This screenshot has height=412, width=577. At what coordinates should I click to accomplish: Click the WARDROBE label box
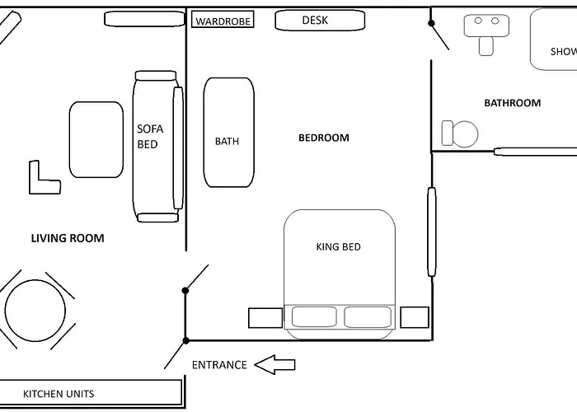[x=223, y=20]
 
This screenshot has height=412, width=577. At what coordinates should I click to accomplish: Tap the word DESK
[x=315, y=20]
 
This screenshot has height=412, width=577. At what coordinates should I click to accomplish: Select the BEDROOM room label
[x=323, y=138]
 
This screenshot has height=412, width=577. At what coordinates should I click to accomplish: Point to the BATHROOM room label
[x=512, y=103]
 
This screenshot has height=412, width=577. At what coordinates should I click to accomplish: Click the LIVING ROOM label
[x=68, y=238]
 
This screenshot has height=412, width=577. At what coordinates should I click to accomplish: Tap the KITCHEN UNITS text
[x=58, y=393]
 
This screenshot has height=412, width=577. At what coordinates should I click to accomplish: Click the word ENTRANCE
[x=219, y=365]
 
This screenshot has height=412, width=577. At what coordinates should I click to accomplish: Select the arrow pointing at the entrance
[x=274, y=364]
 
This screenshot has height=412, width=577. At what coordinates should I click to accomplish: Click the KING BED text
[x=338, y=246]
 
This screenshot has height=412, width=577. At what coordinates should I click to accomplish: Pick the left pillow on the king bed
[x=313, y=316]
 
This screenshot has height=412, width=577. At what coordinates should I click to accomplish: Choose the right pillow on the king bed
[x=366, y=316]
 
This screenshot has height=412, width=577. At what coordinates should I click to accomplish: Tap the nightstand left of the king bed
[x=265, y=317]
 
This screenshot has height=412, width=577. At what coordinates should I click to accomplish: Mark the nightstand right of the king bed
[x=414, y=316]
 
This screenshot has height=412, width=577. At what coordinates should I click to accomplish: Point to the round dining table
[x=35, y=311]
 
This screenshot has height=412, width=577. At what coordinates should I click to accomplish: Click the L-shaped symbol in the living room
[x=42, y=179]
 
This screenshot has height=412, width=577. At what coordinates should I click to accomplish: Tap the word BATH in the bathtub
[x=227, y=141]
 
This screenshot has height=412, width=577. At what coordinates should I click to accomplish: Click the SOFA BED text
[x=150, y=136]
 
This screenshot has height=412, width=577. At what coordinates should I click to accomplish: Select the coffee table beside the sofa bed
[x=96, y=139]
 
